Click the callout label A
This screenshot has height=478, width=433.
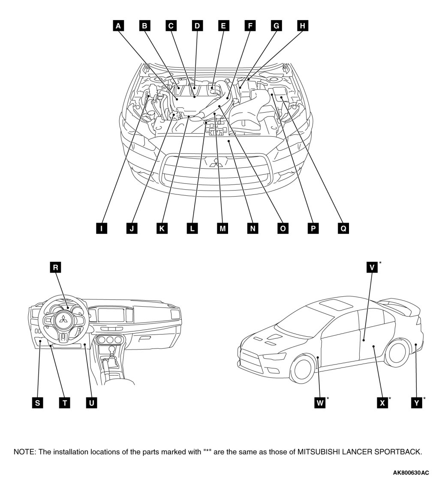118,26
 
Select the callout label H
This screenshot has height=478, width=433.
303,26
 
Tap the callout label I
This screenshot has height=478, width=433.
101,228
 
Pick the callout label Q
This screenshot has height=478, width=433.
343,228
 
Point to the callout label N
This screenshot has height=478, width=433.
253,228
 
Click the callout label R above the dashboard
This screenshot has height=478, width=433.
55,268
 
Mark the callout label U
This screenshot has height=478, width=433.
91,403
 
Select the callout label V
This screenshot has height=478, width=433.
372,268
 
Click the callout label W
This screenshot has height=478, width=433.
320,403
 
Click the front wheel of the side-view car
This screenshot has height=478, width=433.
304,368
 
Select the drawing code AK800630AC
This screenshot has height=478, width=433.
410,472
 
